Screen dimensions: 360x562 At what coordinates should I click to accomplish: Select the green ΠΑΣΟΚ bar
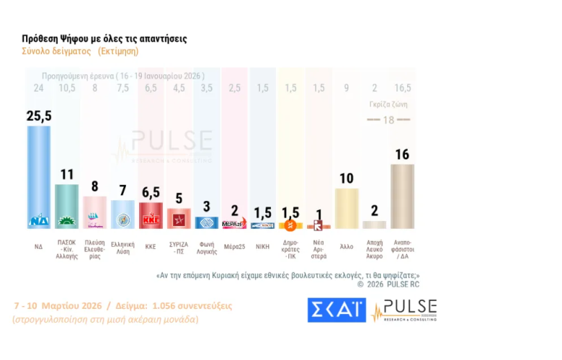coord(67,206)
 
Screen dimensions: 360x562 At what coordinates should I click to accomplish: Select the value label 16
coord(402,154)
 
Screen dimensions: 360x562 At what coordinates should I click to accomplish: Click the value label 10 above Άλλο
coord(348,178)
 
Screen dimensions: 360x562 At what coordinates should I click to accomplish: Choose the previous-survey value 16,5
coord(401,89)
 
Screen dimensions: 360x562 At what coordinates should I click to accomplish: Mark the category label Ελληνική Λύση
coord(123,247)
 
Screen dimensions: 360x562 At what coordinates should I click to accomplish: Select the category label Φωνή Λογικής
coord(208,247)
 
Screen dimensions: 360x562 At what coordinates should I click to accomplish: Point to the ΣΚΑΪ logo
coord(336,310)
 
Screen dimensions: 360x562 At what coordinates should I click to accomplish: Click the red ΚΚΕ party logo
coord(151,220)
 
